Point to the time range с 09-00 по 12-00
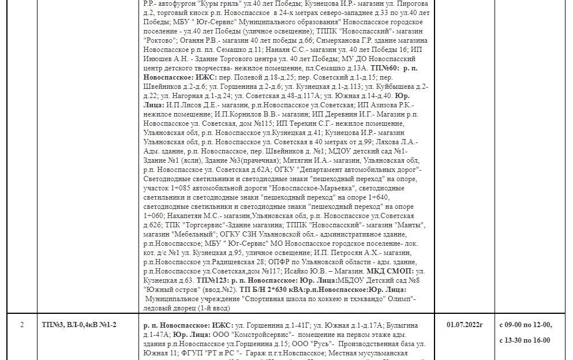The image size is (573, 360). pos(525,325)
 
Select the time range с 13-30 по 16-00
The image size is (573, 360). pos(525,340)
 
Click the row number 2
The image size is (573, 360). pos(21,325)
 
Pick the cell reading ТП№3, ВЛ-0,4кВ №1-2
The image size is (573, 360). pos(79,325)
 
